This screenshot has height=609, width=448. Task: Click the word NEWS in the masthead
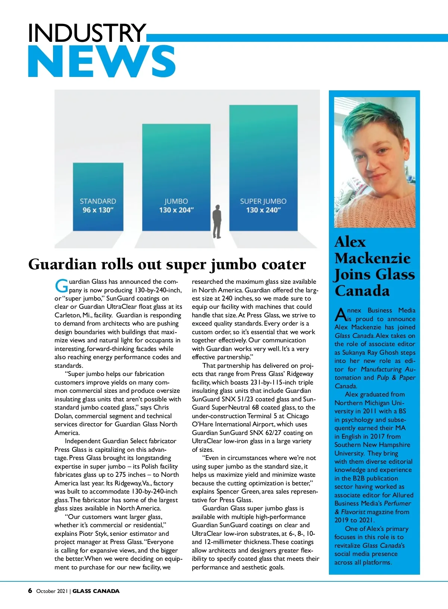tap(102, 62)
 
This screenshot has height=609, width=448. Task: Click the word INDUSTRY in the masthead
tap(87, 33)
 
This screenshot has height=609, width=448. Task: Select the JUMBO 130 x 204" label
tap(176, 206)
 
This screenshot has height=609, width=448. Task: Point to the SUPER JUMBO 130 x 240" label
tap(263, 206)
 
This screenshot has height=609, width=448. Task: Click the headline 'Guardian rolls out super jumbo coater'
tap(167, 264)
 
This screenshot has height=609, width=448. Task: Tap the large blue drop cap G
tap(61, 286)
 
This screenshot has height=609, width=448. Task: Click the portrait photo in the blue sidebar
tap(374, 162)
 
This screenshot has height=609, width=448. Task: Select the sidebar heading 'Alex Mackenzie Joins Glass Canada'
tap(374, 266)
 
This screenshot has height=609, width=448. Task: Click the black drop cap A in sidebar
tap(340, 315)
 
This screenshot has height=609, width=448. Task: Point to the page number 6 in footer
tap(30, 591)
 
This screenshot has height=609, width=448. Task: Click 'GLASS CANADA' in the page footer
tap(96, 591)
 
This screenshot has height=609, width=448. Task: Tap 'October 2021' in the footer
tap(52, 591)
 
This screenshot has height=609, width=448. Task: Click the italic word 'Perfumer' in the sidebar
tap(397, 503)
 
